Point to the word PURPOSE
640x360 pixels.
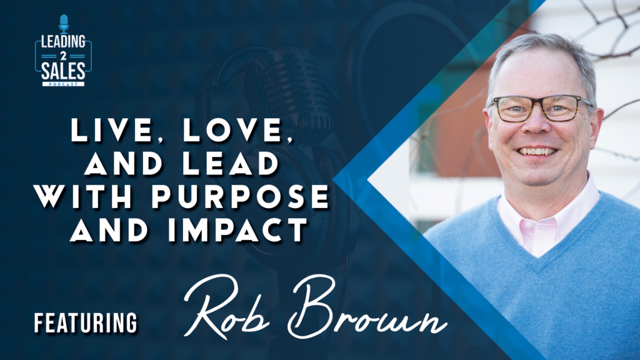click(x=240, y=196)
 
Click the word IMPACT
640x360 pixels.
click(x=238, y=229)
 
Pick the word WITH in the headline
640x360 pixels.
click(x=84, y=196)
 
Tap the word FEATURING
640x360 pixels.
click(x=86, y=323)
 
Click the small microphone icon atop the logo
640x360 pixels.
click(x=64, y=23)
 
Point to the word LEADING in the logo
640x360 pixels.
click(x=63, y=42)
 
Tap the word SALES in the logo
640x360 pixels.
click(x=63, y=71)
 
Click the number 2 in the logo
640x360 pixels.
click(x=63, y=56)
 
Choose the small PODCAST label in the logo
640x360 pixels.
click(x=63, y=84)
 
